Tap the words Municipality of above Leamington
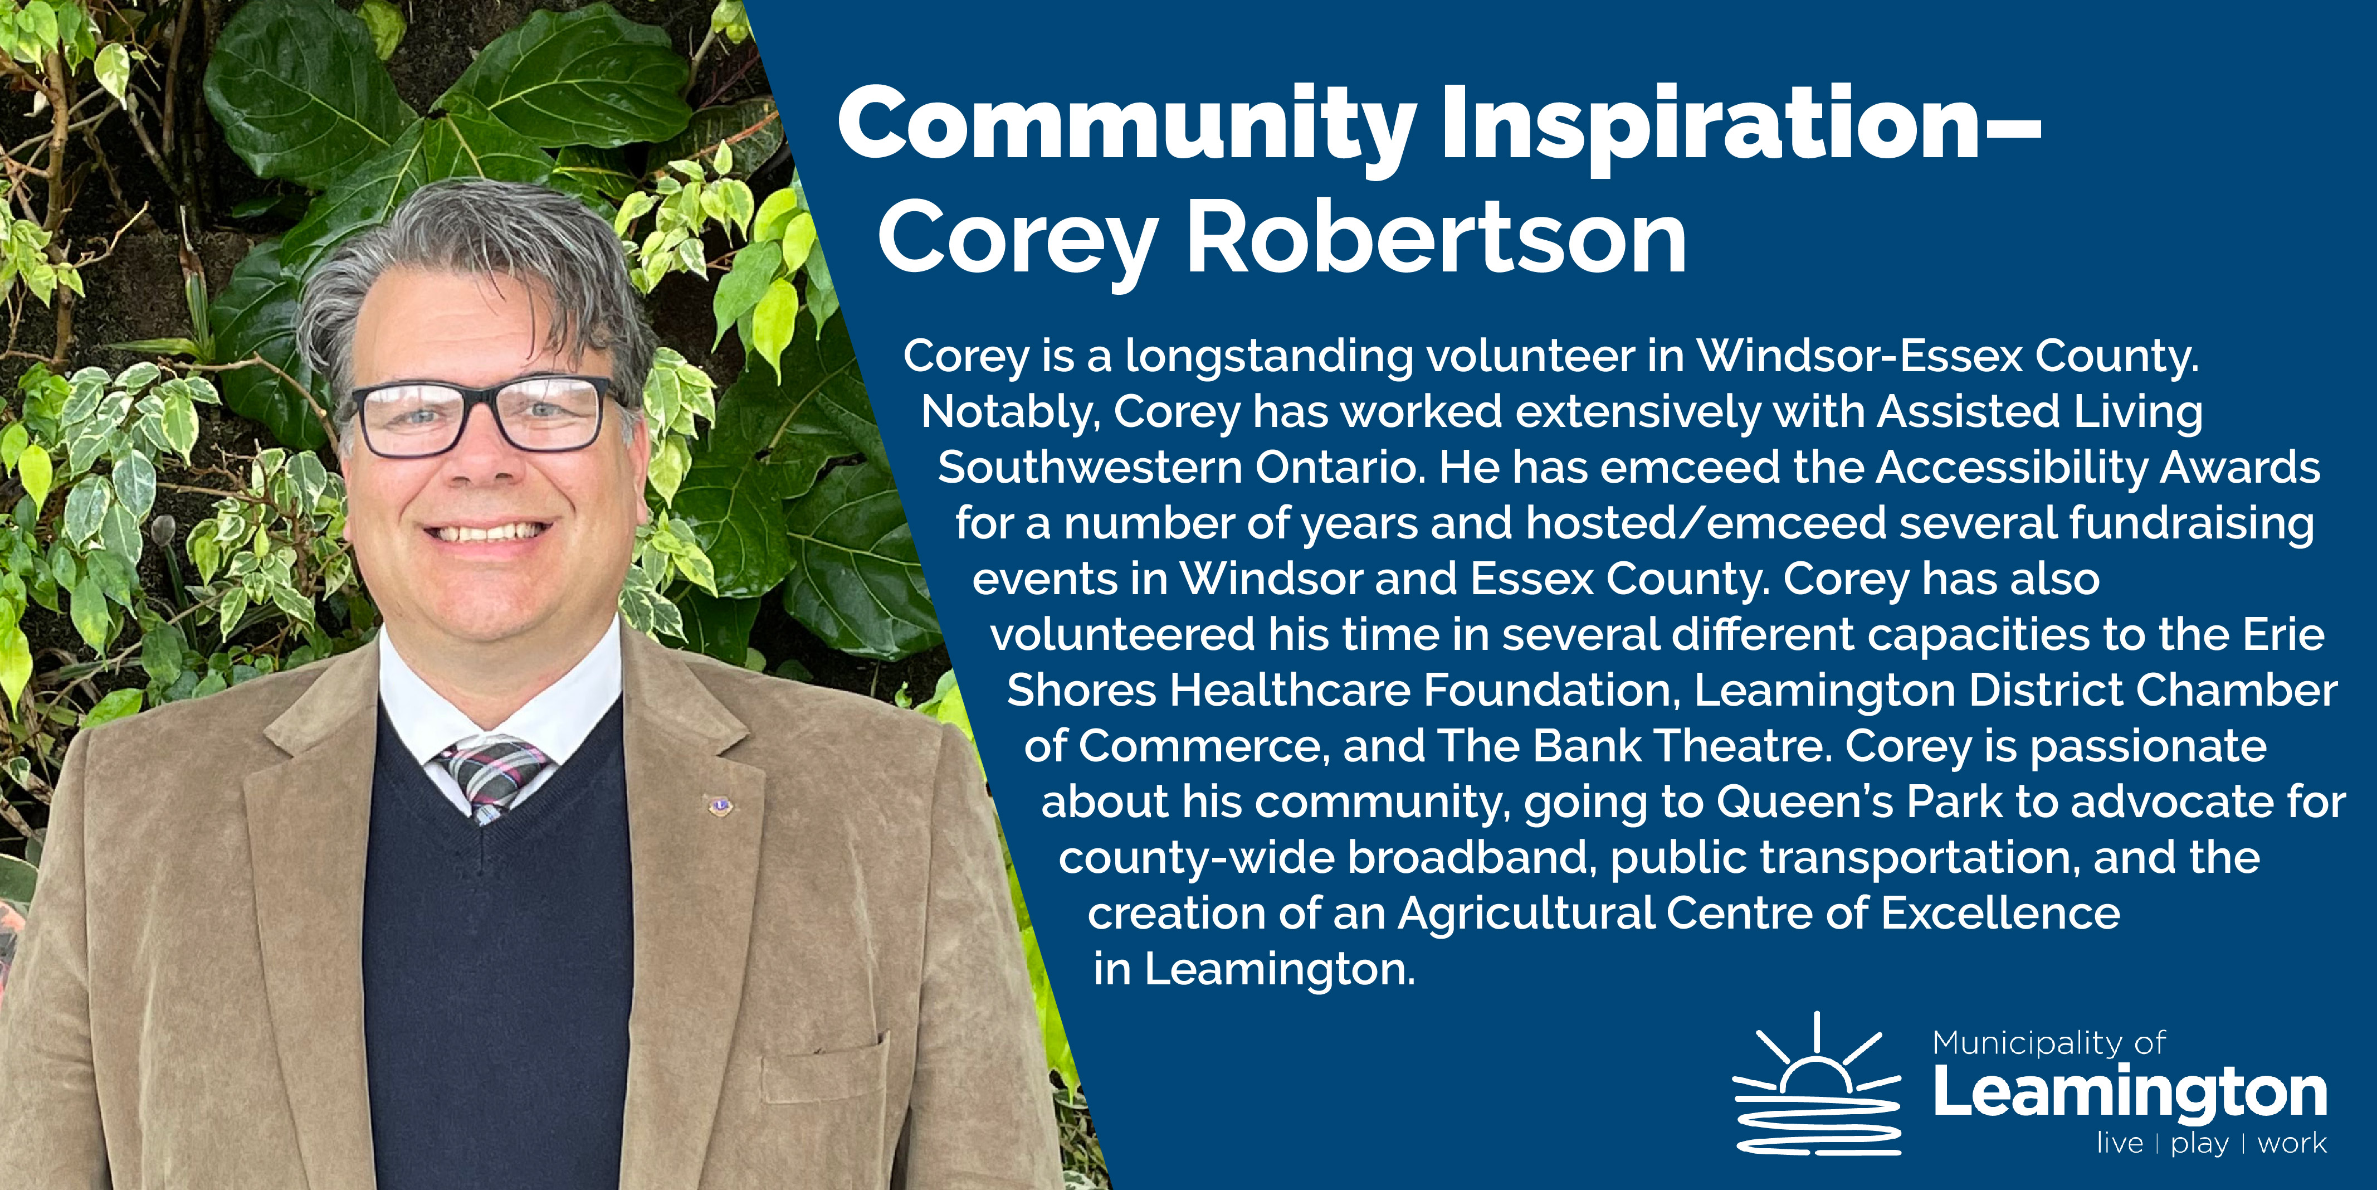point(2048,1044)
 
